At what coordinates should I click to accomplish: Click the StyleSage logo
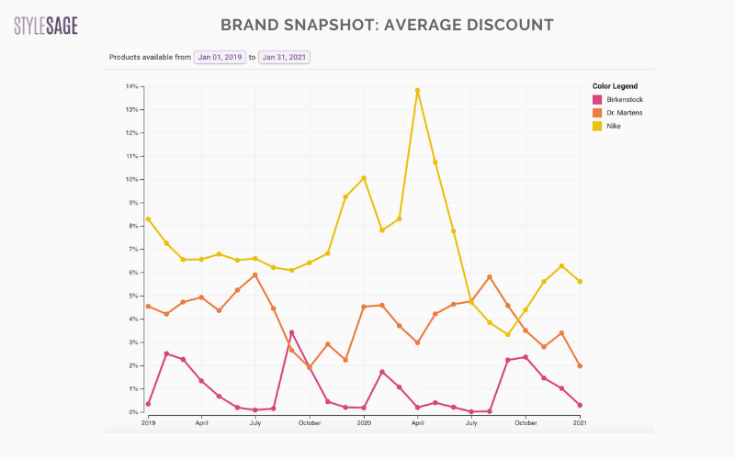pos(46,25)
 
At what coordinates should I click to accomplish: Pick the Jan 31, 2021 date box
pos(284,57)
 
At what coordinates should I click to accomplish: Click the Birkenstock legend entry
pos(619,99)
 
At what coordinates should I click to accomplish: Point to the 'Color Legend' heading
pos(615,86)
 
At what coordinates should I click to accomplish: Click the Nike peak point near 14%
pos(417,91)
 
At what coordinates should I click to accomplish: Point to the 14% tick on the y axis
pos(133,86)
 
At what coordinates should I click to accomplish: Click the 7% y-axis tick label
pos(134,249)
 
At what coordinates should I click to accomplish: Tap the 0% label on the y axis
pos(134,412)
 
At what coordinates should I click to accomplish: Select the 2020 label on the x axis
pos(364,422)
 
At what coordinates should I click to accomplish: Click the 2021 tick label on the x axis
pos(580,422)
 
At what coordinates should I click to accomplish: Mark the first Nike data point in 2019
pos(148,219)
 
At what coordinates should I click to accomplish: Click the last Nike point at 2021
pos(580,282)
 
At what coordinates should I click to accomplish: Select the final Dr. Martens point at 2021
pos(580,365)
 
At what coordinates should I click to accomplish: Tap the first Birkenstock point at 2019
pos(148,404)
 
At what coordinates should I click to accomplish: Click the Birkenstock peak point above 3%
pos(291,332)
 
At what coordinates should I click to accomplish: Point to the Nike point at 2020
pos(364,178)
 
